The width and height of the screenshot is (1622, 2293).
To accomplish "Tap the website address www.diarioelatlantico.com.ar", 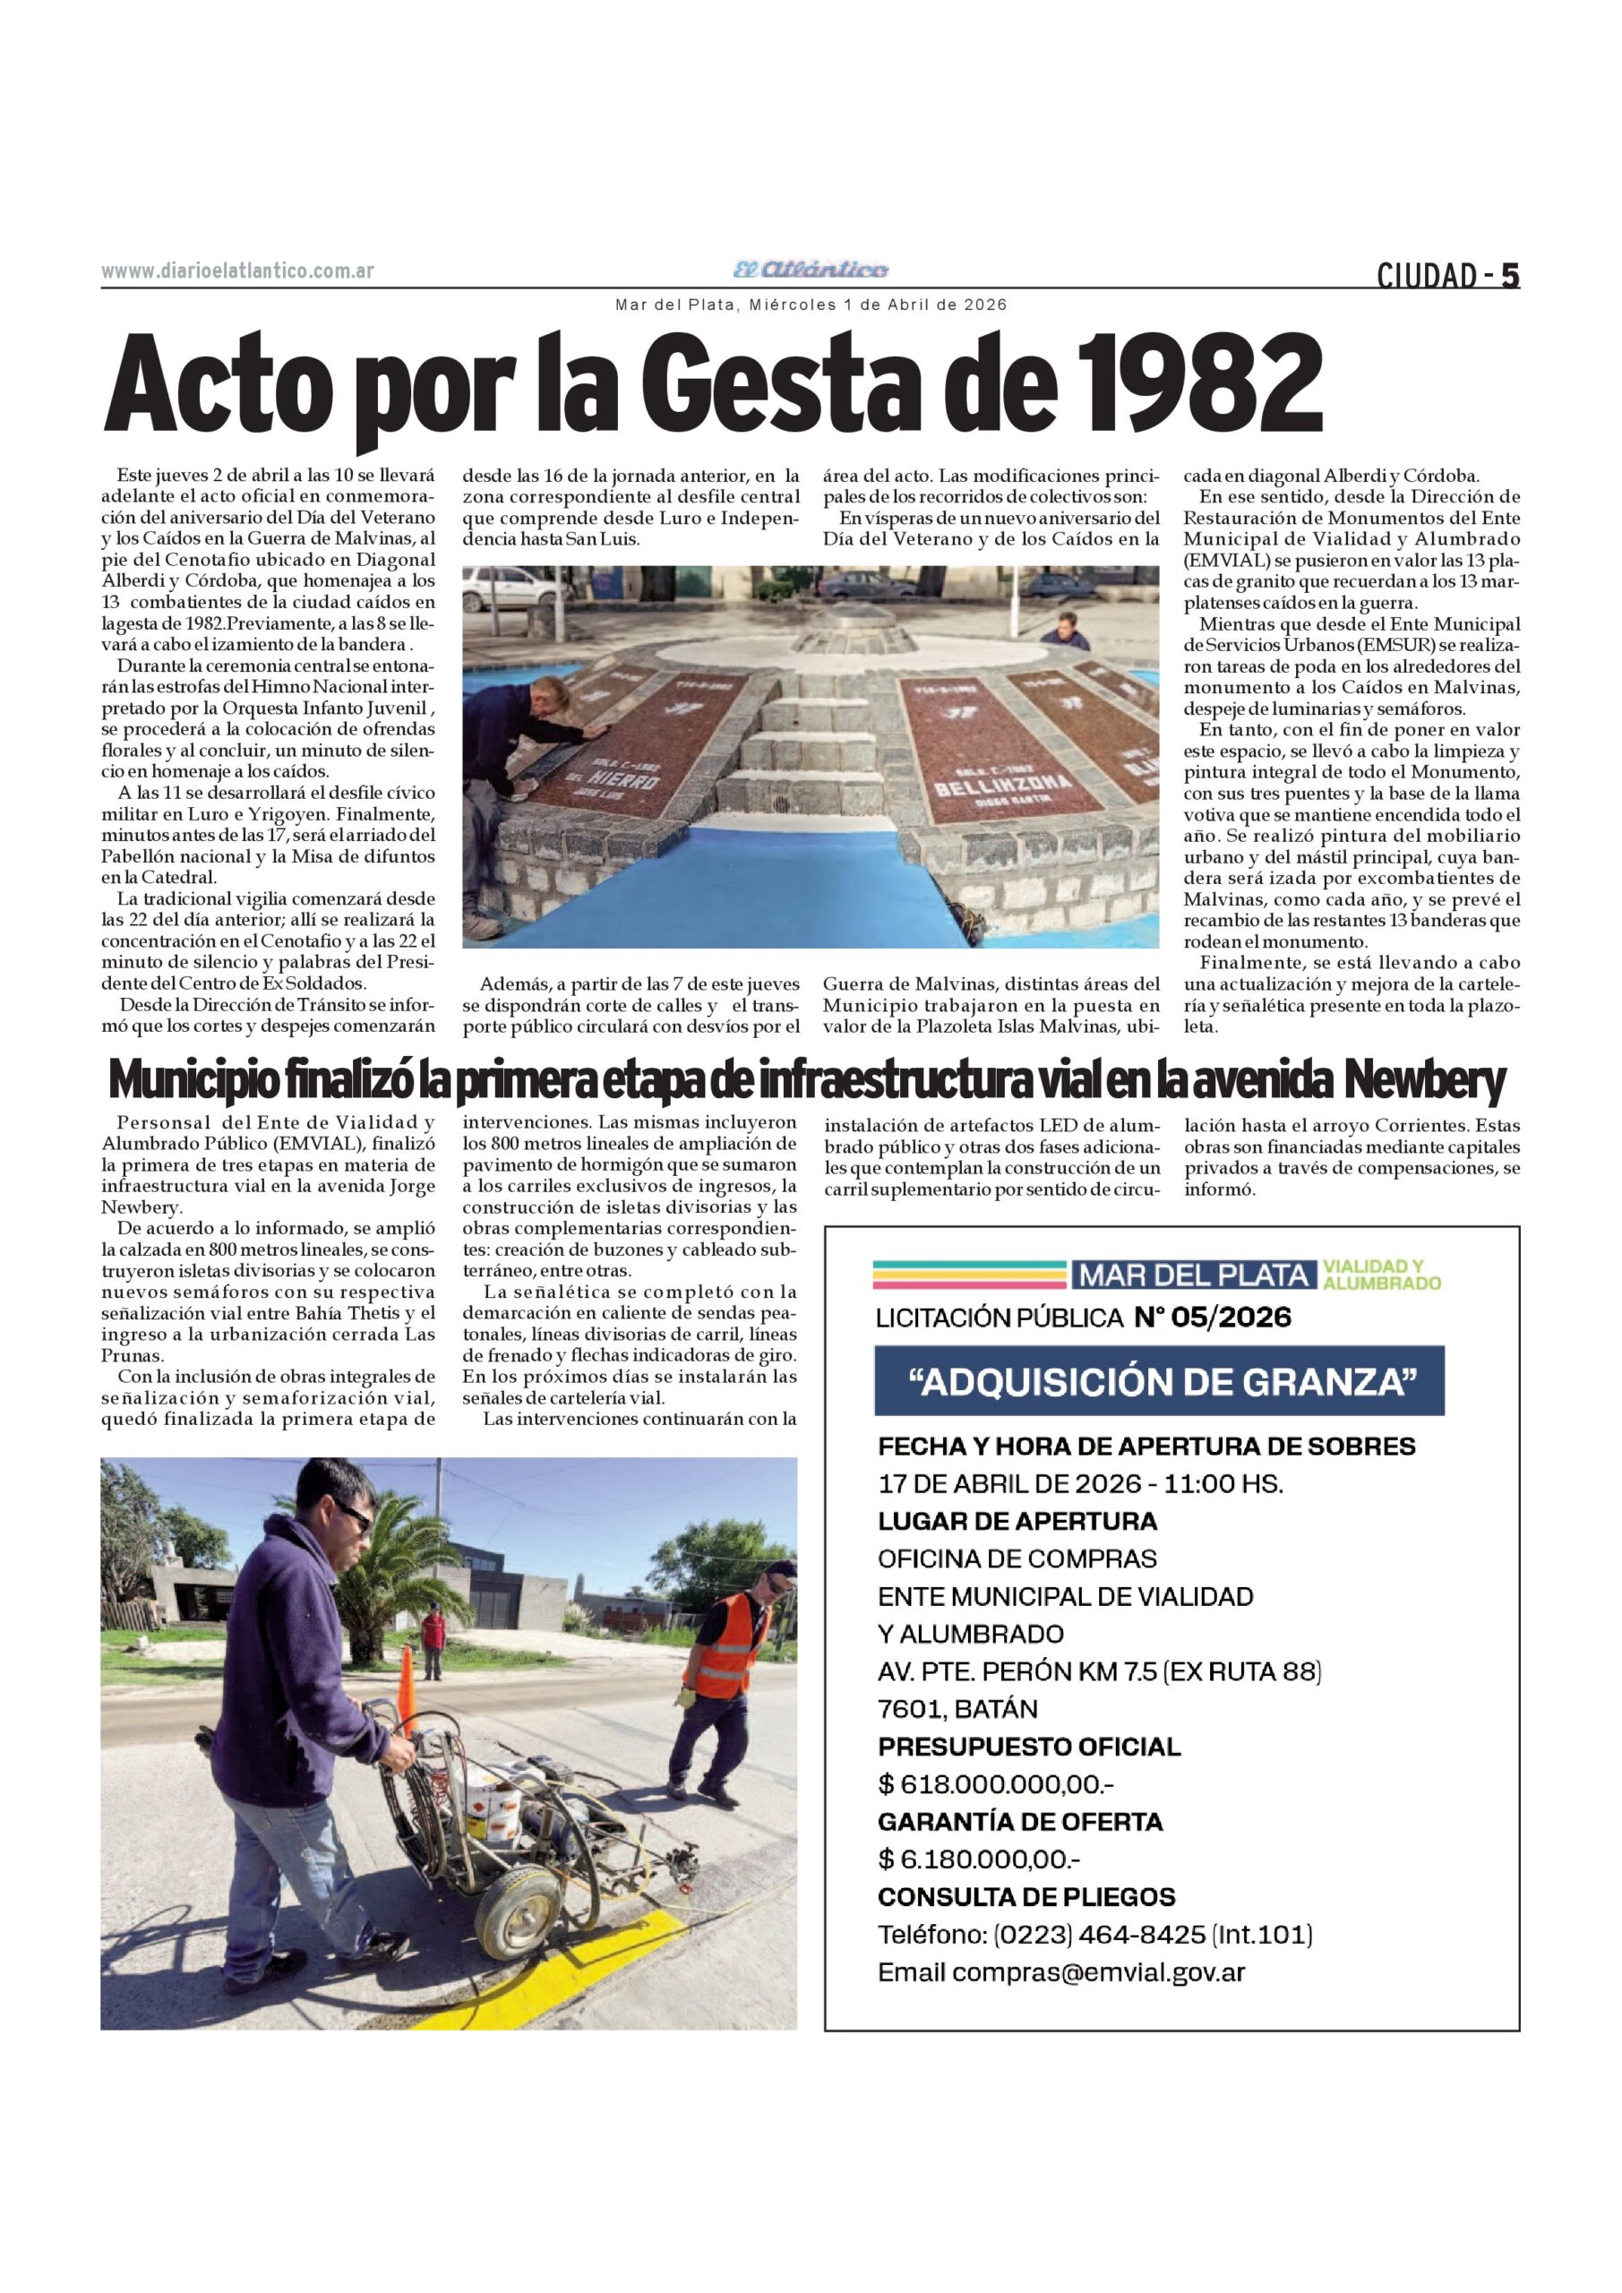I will coord(237,271).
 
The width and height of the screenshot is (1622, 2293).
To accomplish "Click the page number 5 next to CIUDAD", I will coord(1509,276).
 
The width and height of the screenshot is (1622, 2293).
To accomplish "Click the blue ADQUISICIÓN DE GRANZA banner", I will coord(1159,1381).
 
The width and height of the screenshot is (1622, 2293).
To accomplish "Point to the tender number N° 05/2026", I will coord(1213,1318).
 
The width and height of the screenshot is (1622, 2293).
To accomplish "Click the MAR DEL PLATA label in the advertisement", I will coord(1194,1275).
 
